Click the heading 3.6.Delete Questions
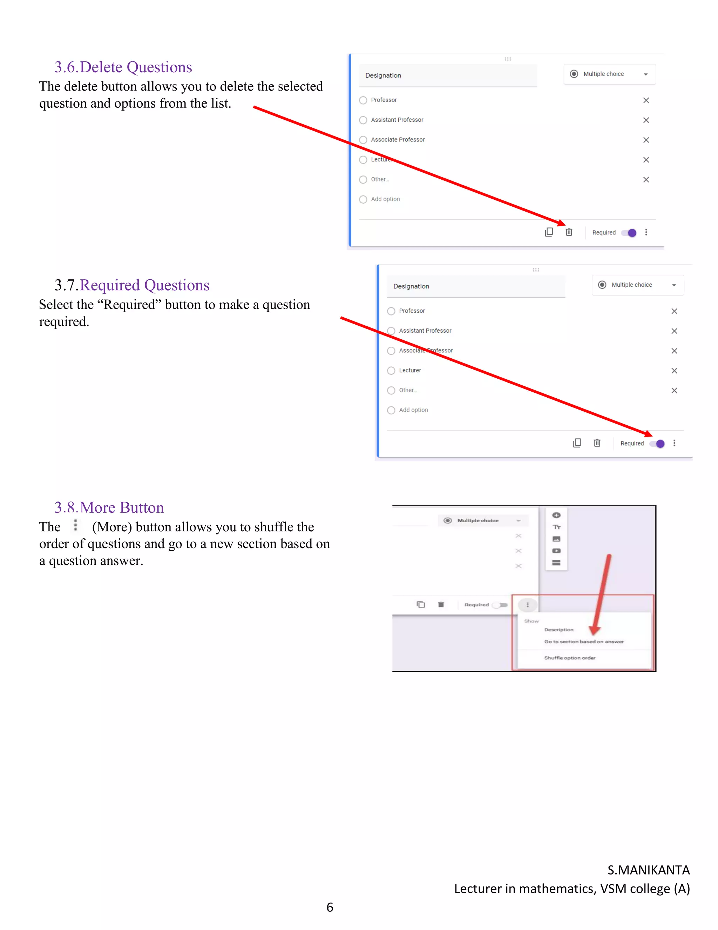coord(123,67)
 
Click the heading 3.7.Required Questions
coord(132,285)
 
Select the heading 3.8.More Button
coord(109,507)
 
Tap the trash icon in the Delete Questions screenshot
coord(569,232)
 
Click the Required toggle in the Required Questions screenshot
coord(658,444)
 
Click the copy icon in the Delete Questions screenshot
coord(549,232)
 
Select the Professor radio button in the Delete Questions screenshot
coord(363,100)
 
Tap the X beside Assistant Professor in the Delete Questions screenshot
coord(646,120)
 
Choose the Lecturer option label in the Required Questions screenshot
coord(409,371)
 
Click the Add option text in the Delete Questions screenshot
coord(385,199)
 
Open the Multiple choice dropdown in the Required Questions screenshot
coord(637,285)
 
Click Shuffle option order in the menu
coord(570,658)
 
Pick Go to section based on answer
coord(584,642)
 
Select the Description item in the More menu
coord(558,630)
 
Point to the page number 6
coord(330,908)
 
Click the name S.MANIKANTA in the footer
coord(648,870)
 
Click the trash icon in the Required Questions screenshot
coord(597,443)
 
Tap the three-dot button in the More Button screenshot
coord(527,605)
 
